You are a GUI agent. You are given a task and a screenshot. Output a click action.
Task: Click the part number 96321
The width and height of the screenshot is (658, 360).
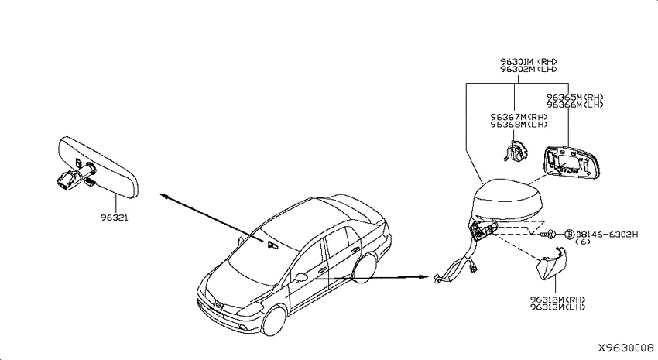114,218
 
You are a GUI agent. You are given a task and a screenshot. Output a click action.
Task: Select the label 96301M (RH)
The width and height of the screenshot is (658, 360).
528,62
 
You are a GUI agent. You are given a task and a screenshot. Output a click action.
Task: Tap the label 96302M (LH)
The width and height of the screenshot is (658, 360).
528,69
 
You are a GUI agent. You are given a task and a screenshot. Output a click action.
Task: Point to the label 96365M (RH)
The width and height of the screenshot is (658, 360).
574,98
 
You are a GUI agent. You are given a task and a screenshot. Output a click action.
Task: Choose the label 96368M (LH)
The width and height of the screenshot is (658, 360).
519,125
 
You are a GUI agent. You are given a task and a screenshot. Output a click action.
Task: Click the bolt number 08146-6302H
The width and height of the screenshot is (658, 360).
607,234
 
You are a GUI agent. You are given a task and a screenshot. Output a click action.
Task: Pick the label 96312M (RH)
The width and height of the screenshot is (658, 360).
557,300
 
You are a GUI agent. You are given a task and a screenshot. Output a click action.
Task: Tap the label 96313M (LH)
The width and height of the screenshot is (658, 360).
557,307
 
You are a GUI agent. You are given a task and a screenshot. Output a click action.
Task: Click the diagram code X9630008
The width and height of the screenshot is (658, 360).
625,348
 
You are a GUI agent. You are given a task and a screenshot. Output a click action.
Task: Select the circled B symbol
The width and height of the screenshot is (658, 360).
570,234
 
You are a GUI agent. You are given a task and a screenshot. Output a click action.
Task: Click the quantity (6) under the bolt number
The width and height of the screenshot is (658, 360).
582,242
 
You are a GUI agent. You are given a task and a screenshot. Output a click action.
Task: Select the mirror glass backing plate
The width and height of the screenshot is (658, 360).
571,162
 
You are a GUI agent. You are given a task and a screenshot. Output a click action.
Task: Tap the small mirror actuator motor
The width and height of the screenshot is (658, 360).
516,151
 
